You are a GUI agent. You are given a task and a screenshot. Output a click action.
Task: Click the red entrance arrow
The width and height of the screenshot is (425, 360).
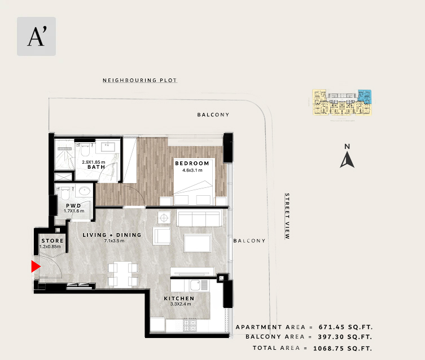(x=35, y=266)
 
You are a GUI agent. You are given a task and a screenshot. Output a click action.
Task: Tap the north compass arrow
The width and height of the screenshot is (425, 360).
(x=347, y=160)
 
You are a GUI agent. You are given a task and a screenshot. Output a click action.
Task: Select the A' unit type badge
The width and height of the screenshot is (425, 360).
(x=36, y=36)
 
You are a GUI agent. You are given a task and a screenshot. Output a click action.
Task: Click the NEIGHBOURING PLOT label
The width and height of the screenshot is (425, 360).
(x=140, y=80)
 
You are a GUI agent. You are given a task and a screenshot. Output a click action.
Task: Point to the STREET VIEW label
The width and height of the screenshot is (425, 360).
(x=287, y=216)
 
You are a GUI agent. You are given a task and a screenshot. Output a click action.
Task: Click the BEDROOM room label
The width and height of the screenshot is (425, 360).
(x=192, y=163)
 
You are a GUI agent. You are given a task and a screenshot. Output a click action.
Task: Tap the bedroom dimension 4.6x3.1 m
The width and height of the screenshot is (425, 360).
(x=192, y=170)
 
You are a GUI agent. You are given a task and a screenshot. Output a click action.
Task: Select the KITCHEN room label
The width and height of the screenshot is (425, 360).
(x=179, y=298)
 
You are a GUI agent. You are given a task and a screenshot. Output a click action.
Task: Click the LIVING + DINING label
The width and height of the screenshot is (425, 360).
(x=112, y=235)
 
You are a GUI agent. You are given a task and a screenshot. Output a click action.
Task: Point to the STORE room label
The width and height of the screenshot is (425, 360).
(x=52, y=240)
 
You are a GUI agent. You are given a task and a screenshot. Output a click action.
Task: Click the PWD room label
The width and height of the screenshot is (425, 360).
(x=73, y=206)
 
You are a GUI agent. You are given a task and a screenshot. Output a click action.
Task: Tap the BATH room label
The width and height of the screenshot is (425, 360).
(x=96, y=167)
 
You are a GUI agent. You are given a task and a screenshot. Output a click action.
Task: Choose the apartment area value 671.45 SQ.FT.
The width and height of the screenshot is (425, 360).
(x=345, y=327)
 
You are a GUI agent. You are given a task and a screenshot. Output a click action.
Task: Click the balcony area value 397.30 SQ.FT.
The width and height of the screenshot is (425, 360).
(x=345, y=337)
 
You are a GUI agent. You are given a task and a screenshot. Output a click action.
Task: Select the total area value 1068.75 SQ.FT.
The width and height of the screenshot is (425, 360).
(x=343, y=348)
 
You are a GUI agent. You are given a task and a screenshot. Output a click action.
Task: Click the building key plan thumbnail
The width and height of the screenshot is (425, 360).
(x=342, y=102)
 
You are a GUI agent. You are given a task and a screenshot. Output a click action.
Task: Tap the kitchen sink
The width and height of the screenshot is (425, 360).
(x=195, y=285)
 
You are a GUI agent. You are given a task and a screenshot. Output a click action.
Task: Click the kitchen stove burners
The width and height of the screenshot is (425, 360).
(x=190, y=326)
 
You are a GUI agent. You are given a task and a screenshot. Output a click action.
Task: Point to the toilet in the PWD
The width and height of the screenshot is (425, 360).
(x=65, y=193)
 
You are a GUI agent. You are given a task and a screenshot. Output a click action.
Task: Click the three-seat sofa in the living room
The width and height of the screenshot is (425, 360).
(x=199, y=218)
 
